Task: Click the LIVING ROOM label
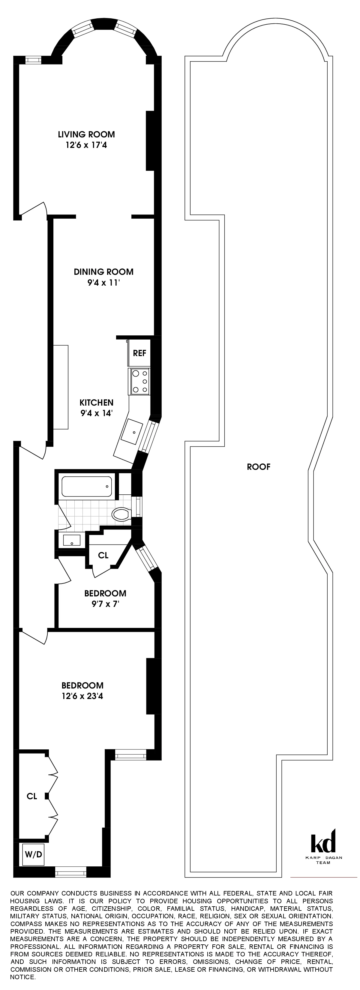(x=86, y=134)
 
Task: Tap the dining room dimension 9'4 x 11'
(x=104, y=283)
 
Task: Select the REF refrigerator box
(x=139, y=352)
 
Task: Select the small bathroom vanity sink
(x=71, y=540)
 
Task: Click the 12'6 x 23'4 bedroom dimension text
(x=82, y=696)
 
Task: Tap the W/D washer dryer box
(x=33, y=854)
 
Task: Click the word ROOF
(x=259, y=466)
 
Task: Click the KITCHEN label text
(x=96, y=402)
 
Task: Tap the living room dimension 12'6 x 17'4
(x=86, y=145)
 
